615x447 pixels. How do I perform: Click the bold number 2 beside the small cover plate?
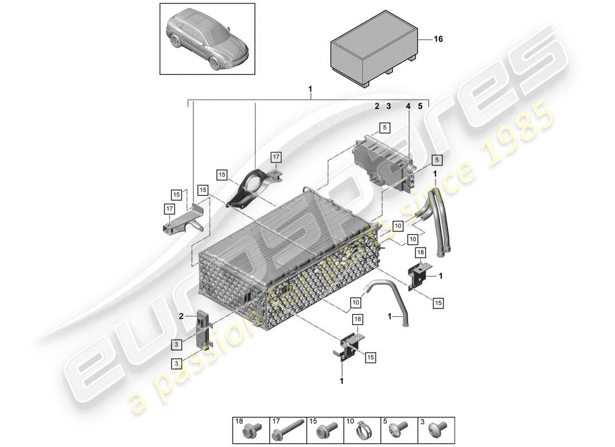[x=181, y=316]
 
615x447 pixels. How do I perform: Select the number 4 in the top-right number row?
[x=408, y=106]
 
